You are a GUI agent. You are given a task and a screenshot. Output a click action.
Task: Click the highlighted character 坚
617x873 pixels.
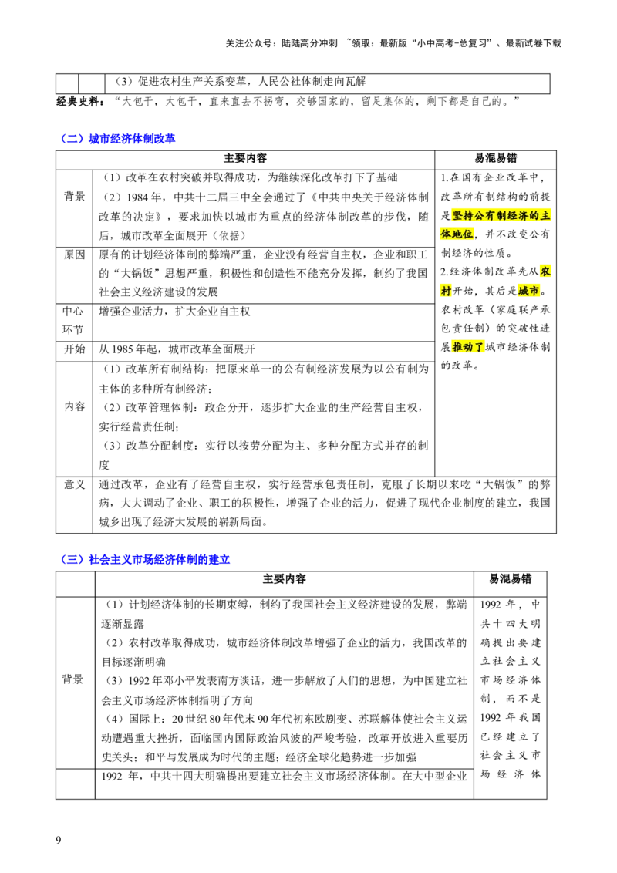click(x=457, y=215)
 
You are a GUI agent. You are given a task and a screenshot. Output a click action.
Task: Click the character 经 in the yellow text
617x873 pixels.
click(x=513, y=215)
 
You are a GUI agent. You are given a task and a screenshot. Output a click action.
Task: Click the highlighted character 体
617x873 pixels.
click(x=445, y=234)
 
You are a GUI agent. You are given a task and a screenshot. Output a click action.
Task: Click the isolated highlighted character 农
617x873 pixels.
click(x=546, y=271)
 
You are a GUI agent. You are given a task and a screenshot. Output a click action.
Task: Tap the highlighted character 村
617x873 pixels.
click(x=445, y=291)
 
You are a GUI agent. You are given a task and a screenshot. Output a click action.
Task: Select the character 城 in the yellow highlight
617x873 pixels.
click(x=524, y=291)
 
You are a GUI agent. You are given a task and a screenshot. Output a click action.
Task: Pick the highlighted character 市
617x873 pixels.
click(x=535, y=291)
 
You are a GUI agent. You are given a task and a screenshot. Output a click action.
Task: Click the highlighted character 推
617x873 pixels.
click(x=457, y=348)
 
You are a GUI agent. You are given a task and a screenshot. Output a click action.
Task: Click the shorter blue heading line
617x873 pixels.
click(x=120, y=139)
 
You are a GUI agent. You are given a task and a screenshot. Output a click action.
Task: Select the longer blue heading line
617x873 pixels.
click(x=147, y=559)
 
